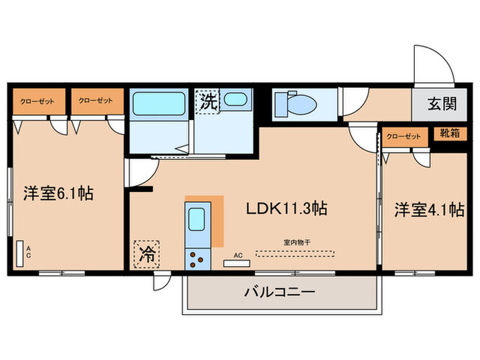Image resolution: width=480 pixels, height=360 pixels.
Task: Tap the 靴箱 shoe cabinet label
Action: tap(450, 135)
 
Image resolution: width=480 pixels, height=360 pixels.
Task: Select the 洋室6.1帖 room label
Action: tap(58, 194)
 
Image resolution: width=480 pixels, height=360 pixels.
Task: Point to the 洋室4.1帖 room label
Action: tap(429, 211)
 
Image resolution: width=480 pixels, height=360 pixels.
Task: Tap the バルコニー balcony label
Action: tap(280, 293)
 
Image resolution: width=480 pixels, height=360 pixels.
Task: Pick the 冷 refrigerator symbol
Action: tap(145, 254)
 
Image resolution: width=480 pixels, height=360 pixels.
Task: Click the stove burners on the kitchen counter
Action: tap(198, 259)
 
